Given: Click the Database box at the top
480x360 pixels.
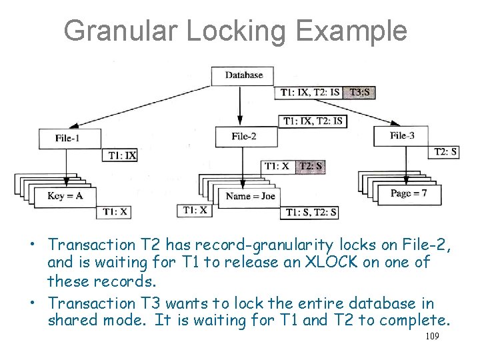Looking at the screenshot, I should point(243,75).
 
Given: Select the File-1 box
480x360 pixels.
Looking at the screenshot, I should point(69,139).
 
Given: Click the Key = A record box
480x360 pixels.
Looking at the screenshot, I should point(65,196).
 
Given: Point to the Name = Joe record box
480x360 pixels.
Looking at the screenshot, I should point(249,197).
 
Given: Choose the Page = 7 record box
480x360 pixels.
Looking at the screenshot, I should point(408,193).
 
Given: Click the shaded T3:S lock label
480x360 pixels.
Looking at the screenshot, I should point(359,92).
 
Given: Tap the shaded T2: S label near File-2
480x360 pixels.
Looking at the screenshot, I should point(311,166).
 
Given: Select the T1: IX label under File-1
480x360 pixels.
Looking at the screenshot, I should point(121,155).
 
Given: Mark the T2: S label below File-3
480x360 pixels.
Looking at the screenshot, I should point(445,152).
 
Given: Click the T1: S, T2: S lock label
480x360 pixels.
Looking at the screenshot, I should point(311,213).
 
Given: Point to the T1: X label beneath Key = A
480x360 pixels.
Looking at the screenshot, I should point(114,212).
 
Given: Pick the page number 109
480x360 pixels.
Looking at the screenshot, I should point(431,337).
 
